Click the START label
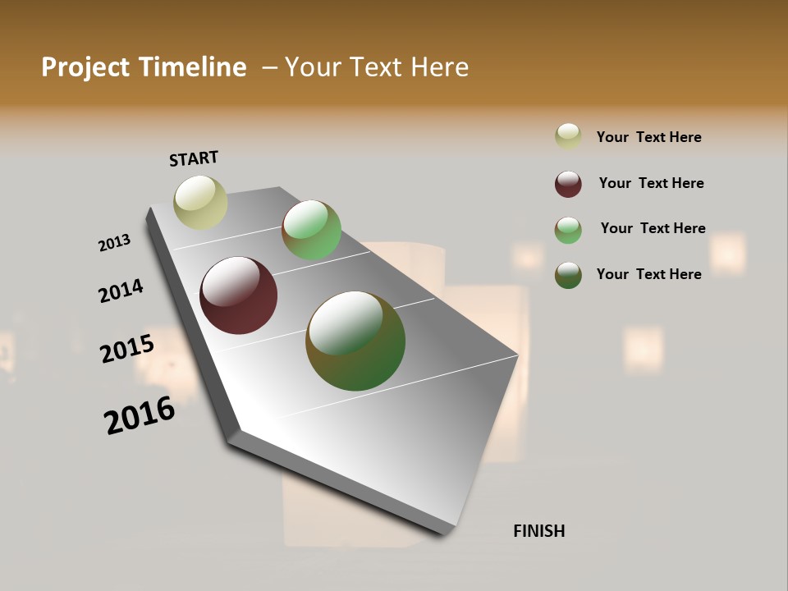click(194, 158)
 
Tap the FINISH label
click(538, 531)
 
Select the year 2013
click(114, 243)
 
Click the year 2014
click(121, 291)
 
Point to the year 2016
click(140, 415)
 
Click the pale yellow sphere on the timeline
click(200, 202)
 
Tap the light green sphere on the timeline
click(311, 230)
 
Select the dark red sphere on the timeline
click(238, 295)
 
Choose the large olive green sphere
click(355, 341)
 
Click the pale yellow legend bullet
click(568, 136)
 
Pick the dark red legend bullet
click(568, 184)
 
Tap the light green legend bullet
click(568, 230)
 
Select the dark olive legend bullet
click(568, 275)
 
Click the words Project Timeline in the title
click(144, 67)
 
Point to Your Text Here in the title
click(377, 67)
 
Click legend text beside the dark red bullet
click(651, 183)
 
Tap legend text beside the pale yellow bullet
click(648, 137)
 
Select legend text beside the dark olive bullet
click(648, 274)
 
